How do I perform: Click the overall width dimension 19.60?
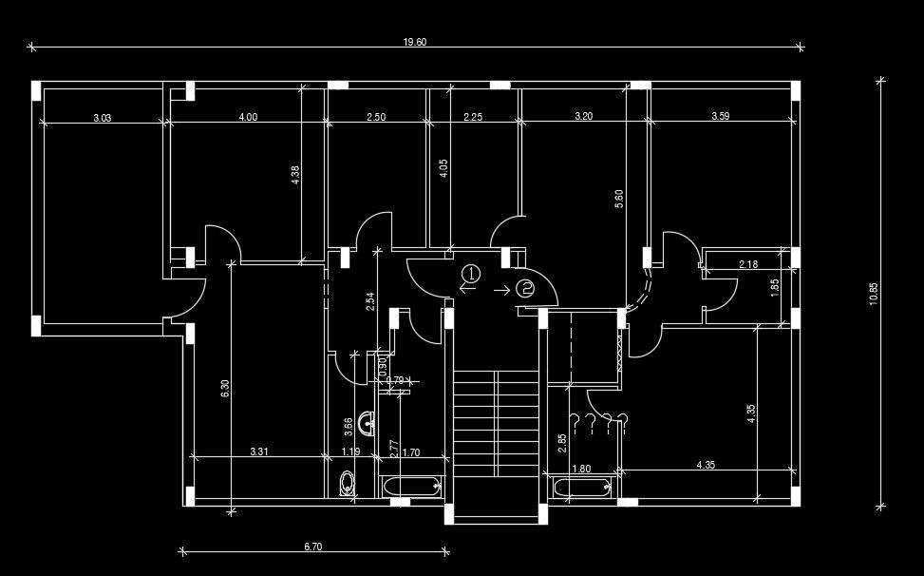click(x=415, y=42)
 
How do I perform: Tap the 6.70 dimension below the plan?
click(x=313, y=547)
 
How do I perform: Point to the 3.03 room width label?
click(x=103, y=118)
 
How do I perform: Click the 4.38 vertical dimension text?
click(x=295, y=176)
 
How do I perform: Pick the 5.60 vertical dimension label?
click(x=620, y=199)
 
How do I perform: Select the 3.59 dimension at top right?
click(x=721, y=117)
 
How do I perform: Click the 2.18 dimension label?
click(x=748, y=264)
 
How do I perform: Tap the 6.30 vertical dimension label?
click(x=225, y=389)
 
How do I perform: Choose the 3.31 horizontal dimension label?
click(x=258, y=452)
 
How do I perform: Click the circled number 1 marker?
click(x=471, y=274)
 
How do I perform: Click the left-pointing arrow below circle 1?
click(x=467, y=289)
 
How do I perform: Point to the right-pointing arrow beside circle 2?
click(x=501, y=289)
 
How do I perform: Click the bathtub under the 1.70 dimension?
click(x=412, y=487)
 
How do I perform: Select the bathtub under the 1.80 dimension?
click(x=582, y=488)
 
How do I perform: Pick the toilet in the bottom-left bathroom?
click(x=347, y=483)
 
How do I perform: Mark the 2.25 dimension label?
click(x=473, y=117)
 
